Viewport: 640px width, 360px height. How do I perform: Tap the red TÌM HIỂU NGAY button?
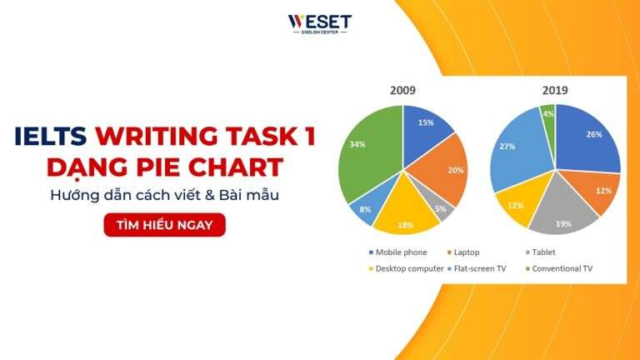[164, 225]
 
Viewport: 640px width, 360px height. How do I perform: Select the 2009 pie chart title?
[402, 90]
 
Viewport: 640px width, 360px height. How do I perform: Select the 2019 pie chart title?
[554, 90]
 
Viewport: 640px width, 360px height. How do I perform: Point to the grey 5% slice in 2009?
[440, 206]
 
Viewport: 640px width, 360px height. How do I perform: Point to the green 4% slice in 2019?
[548, 114]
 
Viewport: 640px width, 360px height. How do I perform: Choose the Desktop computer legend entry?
[405, 268]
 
